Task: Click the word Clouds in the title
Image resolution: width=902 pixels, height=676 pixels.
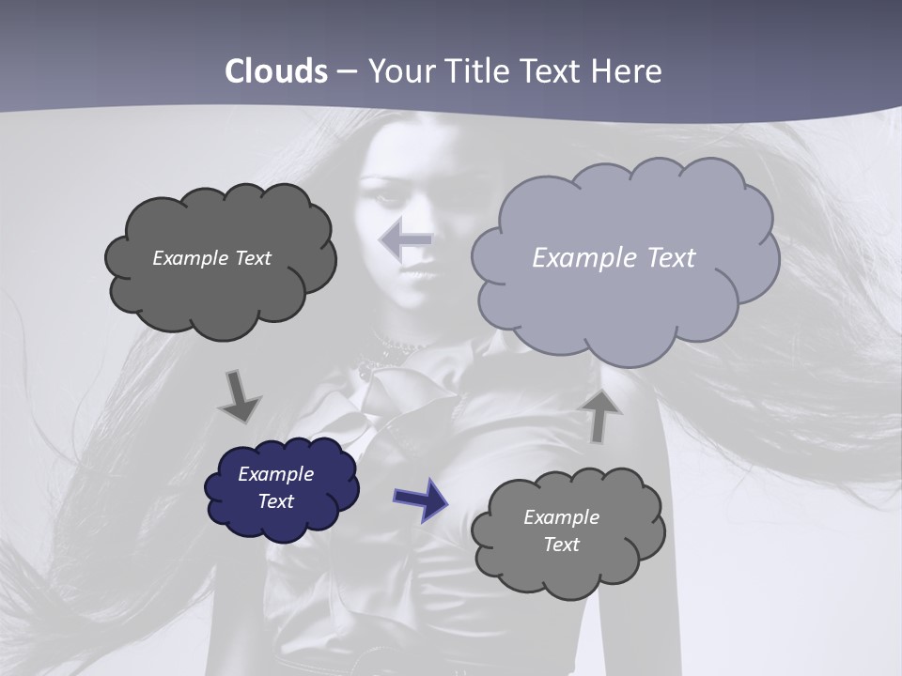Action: (x=276, y=71)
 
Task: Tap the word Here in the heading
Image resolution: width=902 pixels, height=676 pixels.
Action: (x=626, y=71)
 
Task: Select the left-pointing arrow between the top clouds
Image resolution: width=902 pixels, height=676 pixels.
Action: (x=406, y=240)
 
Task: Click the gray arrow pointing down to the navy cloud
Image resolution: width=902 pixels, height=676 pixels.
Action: (x=240, y=397)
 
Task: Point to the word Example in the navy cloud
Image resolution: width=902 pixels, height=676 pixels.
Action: (x=276, y=474)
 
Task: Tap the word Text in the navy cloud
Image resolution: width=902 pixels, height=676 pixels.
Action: (x=276, y=501)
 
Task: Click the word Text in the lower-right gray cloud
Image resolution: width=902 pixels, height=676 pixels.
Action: (x=561, y=545)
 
